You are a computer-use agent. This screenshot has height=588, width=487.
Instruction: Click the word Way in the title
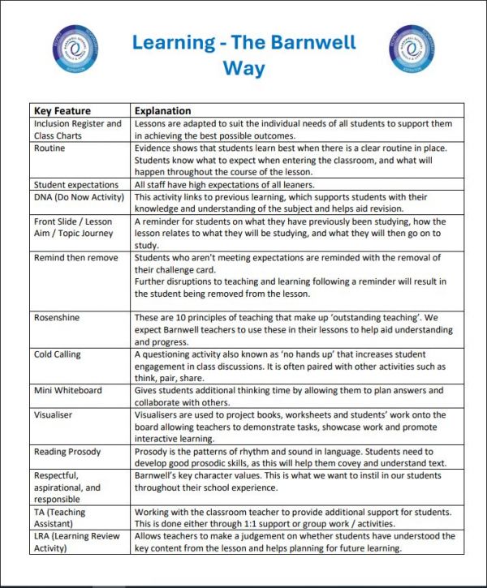pos(244,68)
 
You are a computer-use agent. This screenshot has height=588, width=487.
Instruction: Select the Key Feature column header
pos(62,110)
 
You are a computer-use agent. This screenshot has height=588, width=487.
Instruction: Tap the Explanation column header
pos(163,110)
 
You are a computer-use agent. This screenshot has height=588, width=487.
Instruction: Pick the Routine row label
pos(50,149)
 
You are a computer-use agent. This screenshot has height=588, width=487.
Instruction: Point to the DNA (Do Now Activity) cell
pos(80,197)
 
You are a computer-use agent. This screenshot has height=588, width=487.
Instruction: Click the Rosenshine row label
pos(57,318)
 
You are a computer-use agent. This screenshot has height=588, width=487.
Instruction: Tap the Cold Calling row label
pos(58,354)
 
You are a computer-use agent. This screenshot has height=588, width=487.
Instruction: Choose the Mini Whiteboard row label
pos(67,391)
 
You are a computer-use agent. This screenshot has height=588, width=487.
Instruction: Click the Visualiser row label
pos(55,414)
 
